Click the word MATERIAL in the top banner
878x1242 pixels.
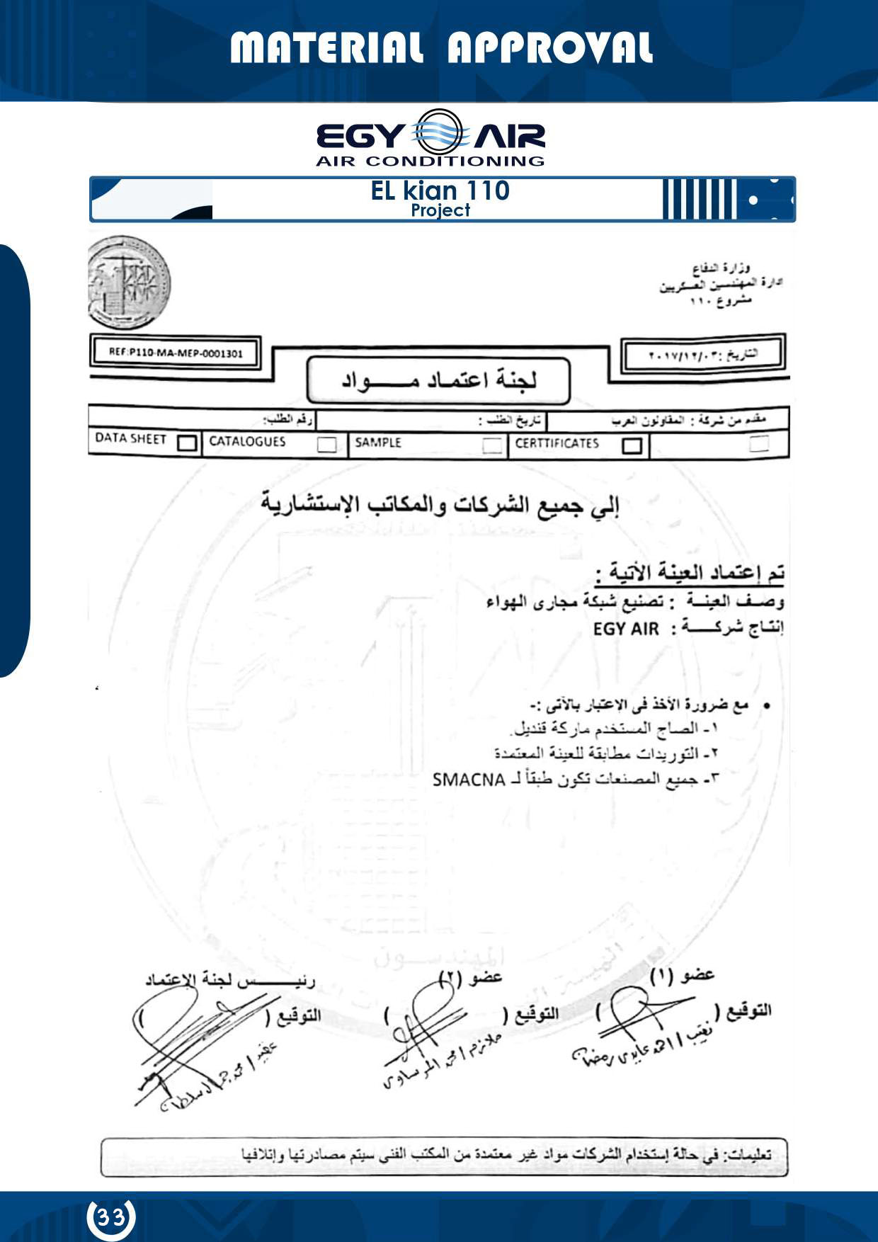coord(326,49)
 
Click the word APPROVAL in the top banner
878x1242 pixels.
coord(549,49)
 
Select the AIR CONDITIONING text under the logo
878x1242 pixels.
coord(430,161)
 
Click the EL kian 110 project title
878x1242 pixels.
coord(440,191)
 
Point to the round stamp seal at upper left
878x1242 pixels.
coord(129,283)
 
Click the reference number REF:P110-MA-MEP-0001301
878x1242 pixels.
coord(176,353)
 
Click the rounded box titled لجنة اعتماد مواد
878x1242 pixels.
coord(438,380)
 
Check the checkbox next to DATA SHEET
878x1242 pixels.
coord(187,443)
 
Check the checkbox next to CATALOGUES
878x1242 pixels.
coord(326,445)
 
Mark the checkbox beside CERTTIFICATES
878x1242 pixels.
coord(632,445)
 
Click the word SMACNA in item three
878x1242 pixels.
coord(468,780)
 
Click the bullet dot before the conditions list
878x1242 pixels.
coord(766,706)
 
